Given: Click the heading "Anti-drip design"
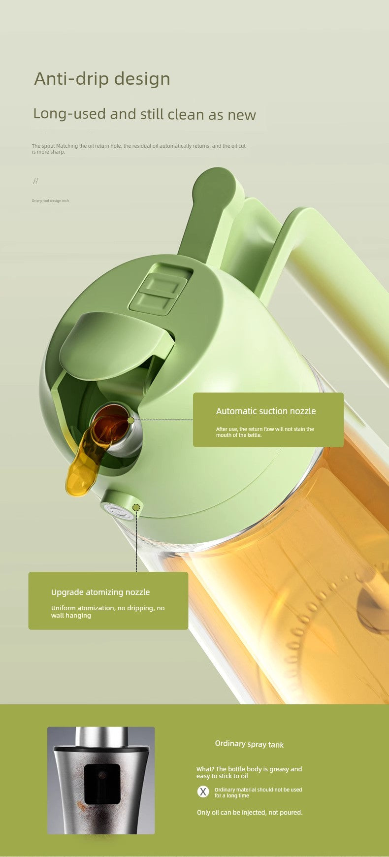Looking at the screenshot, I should coord(102,79).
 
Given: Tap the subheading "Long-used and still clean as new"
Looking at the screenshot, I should coord(144,114).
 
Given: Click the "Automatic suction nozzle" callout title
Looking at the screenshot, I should coord(266,411).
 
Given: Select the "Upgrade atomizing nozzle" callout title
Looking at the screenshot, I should coord(100,592).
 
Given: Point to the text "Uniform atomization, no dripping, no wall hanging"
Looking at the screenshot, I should coord(108,611).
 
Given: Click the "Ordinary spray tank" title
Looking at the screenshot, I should coord(249,744).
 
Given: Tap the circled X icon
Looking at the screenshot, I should coord(203,791).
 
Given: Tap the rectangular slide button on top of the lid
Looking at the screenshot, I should coord(160,289).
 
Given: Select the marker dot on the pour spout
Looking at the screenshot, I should coord(130,420).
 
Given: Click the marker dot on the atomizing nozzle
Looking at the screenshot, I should coord(136,507).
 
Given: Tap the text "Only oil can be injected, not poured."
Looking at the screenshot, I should coord(250,812).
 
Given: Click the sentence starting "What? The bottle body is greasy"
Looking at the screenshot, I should coord(249,772).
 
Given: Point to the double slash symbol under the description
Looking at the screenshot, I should coord(35,181).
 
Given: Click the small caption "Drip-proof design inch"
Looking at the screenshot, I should coord(50,200).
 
